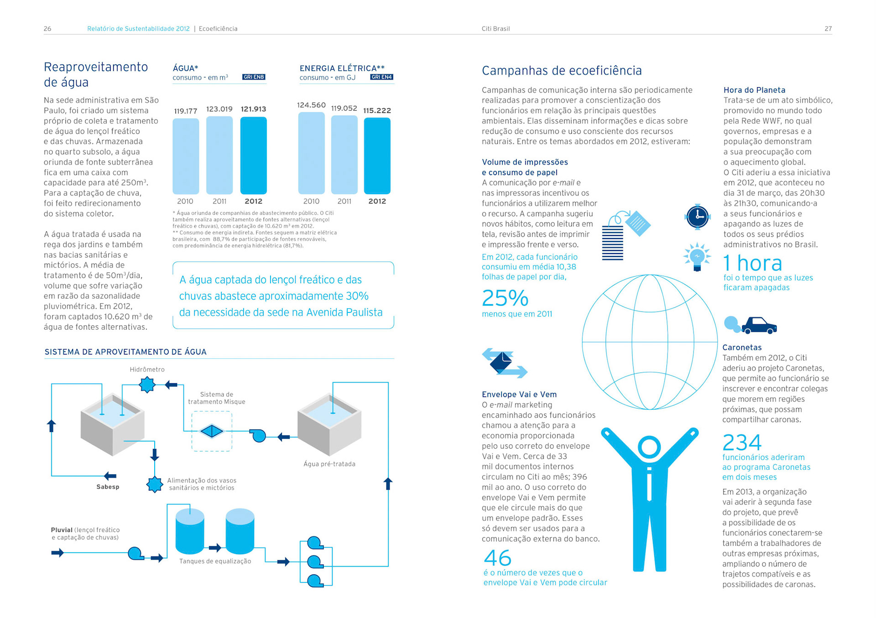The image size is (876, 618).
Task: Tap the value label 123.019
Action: [x=219, y=109]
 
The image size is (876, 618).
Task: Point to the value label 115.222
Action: [x=377, y=110]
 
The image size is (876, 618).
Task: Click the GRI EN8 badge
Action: [x=254, y=77]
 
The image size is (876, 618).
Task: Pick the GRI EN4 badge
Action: [x=381, y=77]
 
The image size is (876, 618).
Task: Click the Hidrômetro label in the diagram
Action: [x=147, y=369]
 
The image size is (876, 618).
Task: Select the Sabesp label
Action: [x=108, y=487]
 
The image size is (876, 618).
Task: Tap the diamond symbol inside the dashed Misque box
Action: [x=212, y=431]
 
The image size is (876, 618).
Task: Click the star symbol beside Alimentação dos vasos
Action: [x=155, y=484]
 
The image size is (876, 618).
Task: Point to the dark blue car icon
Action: [x=759, y=325]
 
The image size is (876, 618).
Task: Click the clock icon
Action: [x=697, y=217]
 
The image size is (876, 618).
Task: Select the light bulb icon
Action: [x=697, y=257]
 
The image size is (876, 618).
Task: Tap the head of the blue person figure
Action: [x=649, y=447]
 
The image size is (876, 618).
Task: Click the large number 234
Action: [x=742, y=442]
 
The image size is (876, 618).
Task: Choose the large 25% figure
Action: [x=505, y=298]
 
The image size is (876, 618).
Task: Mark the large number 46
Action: [x=497, y=558]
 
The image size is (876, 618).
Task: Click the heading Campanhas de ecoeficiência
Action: [x=562, y=71]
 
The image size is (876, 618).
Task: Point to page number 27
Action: [x=828, y=29]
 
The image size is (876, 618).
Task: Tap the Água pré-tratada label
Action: [x=329, y=464]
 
